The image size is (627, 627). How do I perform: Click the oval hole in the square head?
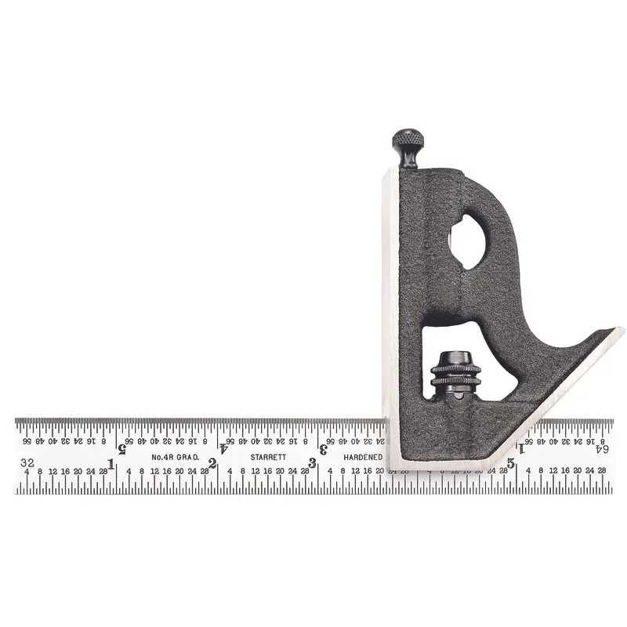pyautogui.click(x=467, y=242)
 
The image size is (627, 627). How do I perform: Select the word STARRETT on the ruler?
pyautogui.click(x=267, y=457)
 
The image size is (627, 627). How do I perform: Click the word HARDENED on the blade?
pyautogui.click(x=363, y=457)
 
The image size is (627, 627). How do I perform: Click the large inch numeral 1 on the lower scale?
pyautogui.click(x=111, y=465)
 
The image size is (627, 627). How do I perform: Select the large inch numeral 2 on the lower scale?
pyautogui.click(x=212, y=463)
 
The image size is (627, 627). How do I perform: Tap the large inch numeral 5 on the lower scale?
pyautogui.click(x=511, y=463)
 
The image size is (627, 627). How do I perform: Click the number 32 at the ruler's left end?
pyautogui.click(x=27, y=462)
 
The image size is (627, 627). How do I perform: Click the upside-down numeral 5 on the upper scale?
pyautogui.click(x=122, y=448)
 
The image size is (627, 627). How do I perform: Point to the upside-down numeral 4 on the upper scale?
pyautogui.click(x=223, y=448)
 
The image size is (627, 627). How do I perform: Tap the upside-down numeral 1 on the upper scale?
pyautogui.click(x=522, y=448)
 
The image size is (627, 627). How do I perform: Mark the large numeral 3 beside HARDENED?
pyautogui.click(x=313, y=463)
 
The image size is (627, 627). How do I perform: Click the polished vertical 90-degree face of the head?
pyautogui.click(x=390, y=313)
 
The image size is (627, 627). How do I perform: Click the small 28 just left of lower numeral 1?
pyautogui.click(x=103, y=471)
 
